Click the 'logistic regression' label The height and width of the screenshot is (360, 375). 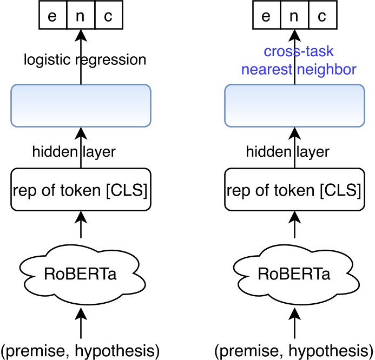pos(85,59)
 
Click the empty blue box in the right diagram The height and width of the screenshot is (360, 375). pos(294,106)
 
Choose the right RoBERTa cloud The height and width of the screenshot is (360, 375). pos(294,272)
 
